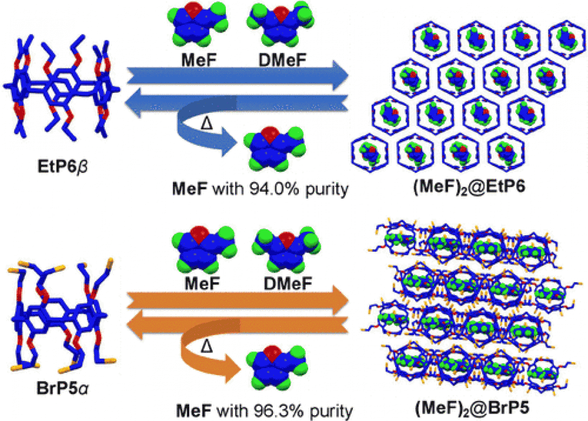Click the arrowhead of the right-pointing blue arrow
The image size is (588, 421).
pyautogui.click(x=339, y=74)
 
